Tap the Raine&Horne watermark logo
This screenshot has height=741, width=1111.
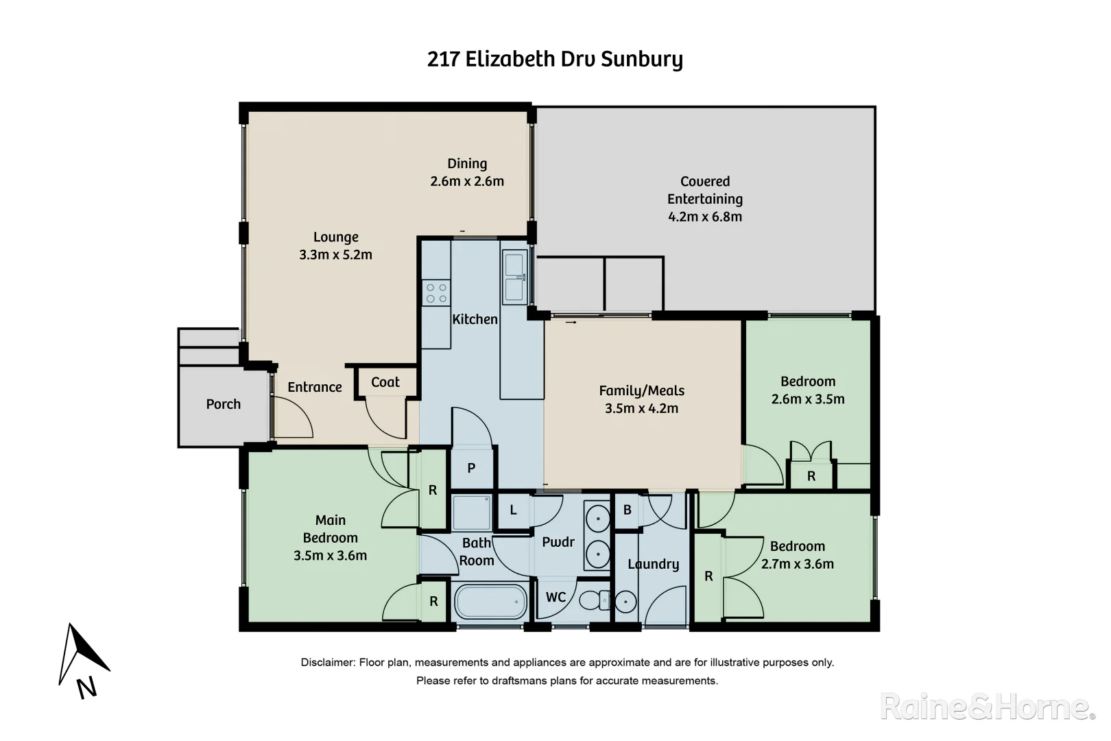(987, 707)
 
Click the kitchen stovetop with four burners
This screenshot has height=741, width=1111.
(436, 293)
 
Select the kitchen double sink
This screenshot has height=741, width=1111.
(514, 277)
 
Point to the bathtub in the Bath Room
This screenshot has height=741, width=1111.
(491, 602)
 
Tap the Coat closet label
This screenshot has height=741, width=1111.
(385, 382)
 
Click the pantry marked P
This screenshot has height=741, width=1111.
(471, 468)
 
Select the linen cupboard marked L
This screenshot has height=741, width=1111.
(513, 510)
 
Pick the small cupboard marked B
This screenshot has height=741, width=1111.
(627, 510)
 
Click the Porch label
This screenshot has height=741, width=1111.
(224, 404)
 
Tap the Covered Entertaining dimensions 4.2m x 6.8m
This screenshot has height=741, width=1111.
(705, 217)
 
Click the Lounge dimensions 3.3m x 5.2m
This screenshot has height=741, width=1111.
(335, 255)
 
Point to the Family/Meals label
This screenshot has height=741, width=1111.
(641, 390)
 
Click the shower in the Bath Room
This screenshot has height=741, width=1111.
(471, 512)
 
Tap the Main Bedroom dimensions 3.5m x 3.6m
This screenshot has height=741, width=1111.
(330, 556)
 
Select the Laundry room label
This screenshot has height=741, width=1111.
(653, 564)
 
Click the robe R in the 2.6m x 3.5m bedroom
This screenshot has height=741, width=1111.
(811, 475)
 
